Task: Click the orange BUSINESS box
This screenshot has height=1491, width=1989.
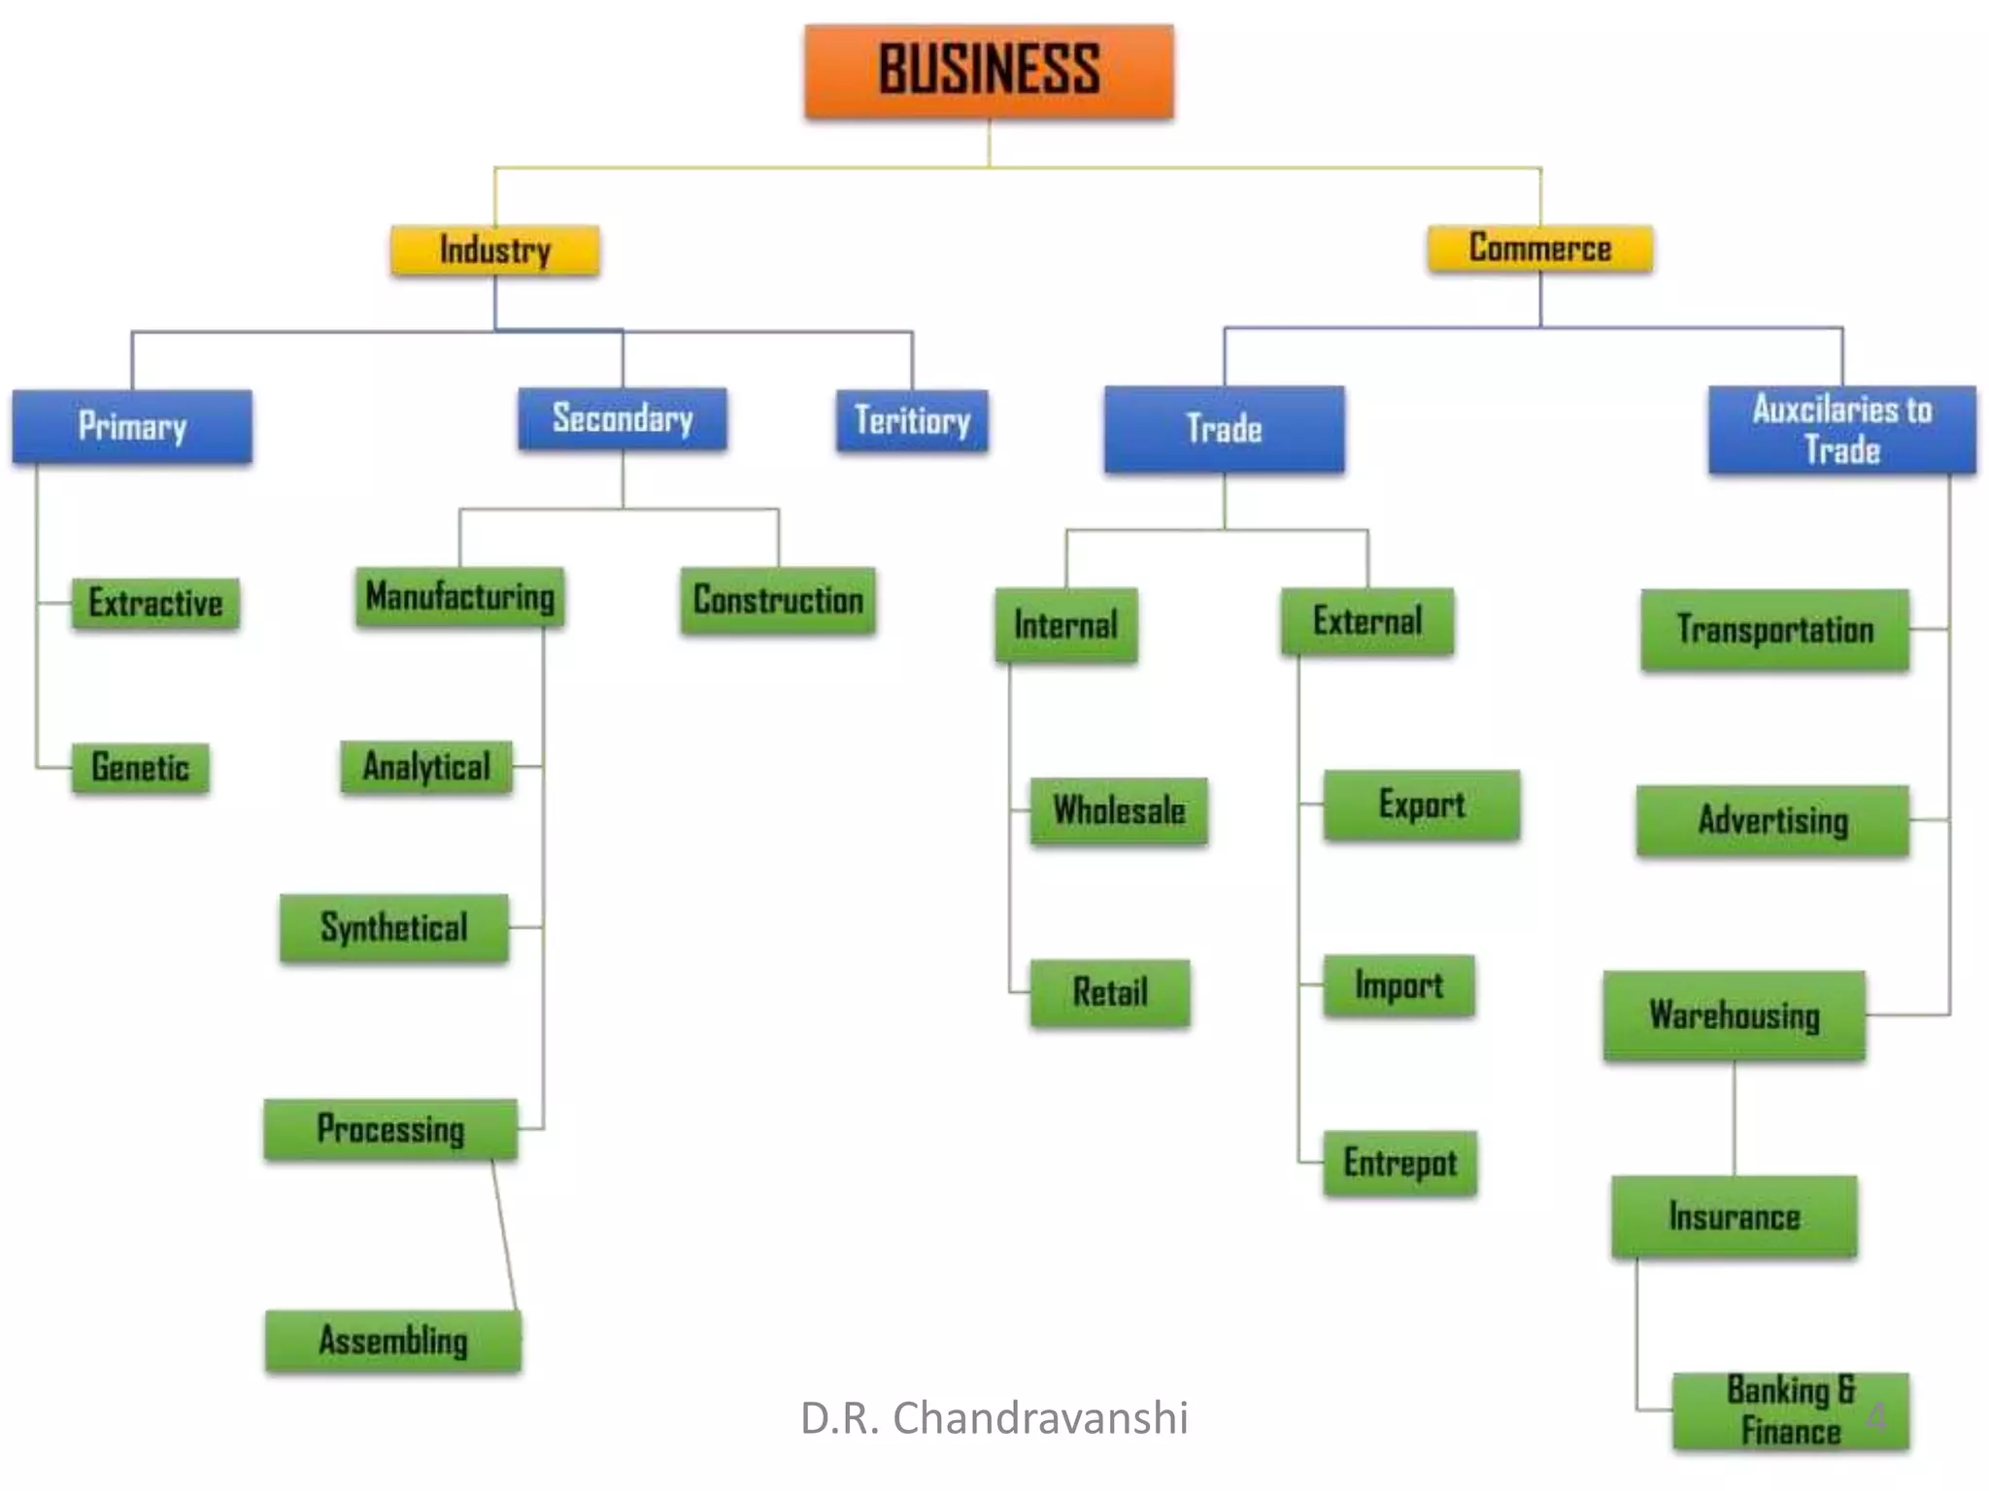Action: (x=989, y=72)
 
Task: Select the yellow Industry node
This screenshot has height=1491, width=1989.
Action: (x=494, y=250)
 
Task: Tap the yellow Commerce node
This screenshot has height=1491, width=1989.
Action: (x=1539, y=248)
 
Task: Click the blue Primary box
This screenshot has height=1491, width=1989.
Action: (x=132, y=426)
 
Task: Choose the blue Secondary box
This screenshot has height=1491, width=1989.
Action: (x=623, y=418)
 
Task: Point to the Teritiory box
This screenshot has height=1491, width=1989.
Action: (x=912, y=420)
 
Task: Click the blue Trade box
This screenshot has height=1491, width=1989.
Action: (x=1224, y=429)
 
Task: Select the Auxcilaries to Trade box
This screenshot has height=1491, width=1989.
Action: (x=1841, y=430)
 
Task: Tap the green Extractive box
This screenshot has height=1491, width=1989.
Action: (x=155, y=603)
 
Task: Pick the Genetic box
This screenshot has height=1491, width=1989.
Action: (x=141, y=768)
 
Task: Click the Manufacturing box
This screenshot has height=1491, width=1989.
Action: (x=459, y=596)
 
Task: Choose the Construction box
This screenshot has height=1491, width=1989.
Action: (x=778, y=600)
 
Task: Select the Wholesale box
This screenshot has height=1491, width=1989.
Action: (x=1119, y=811)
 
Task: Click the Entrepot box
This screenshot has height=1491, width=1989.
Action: (x=1399, y=1163)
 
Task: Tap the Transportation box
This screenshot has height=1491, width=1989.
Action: (x=1774, y=630)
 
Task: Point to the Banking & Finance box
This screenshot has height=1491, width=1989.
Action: (x=1790, y=1410)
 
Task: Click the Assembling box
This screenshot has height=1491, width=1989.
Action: (x=393, y=1341)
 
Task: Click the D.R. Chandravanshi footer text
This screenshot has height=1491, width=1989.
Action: (x=994, y=1418)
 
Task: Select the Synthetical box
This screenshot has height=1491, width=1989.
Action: (x=394, y=928)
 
